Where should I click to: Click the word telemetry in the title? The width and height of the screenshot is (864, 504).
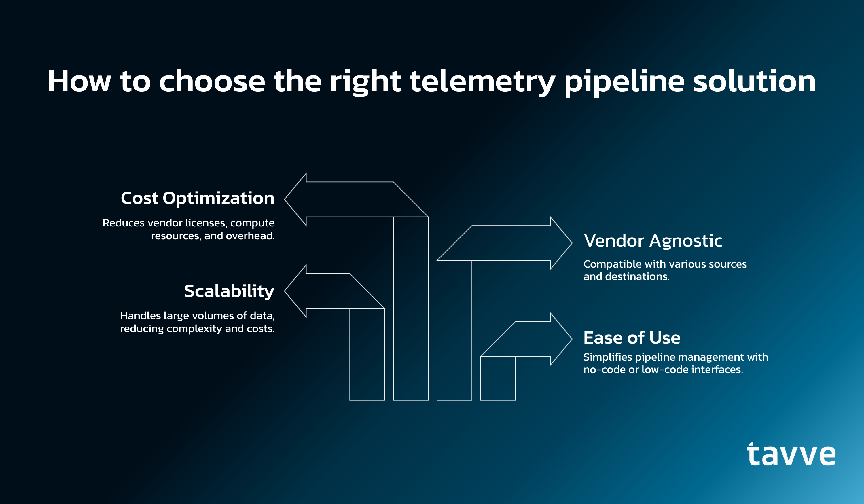(482, 82)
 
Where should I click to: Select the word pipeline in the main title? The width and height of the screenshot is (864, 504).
(624, 83)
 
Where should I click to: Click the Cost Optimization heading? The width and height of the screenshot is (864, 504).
(198, 198)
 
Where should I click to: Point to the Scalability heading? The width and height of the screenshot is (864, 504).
(229, 291)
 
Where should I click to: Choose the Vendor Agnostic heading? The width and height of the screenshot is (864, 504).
(653, 241)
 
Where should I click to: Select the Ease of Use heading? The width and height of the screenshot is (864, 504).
(632, 338)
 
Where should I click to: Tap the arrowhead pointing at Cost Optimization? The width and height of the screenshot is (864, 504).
(295, 199)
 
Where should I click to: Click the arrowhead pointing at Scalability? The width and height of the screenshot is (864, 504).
(295, 291)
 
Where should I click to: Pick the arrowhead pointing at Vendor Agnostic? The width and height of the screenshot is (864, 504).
(561, 243)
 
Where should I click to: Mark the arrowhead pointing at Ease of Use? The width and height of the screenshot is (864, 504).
(561, 339)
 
